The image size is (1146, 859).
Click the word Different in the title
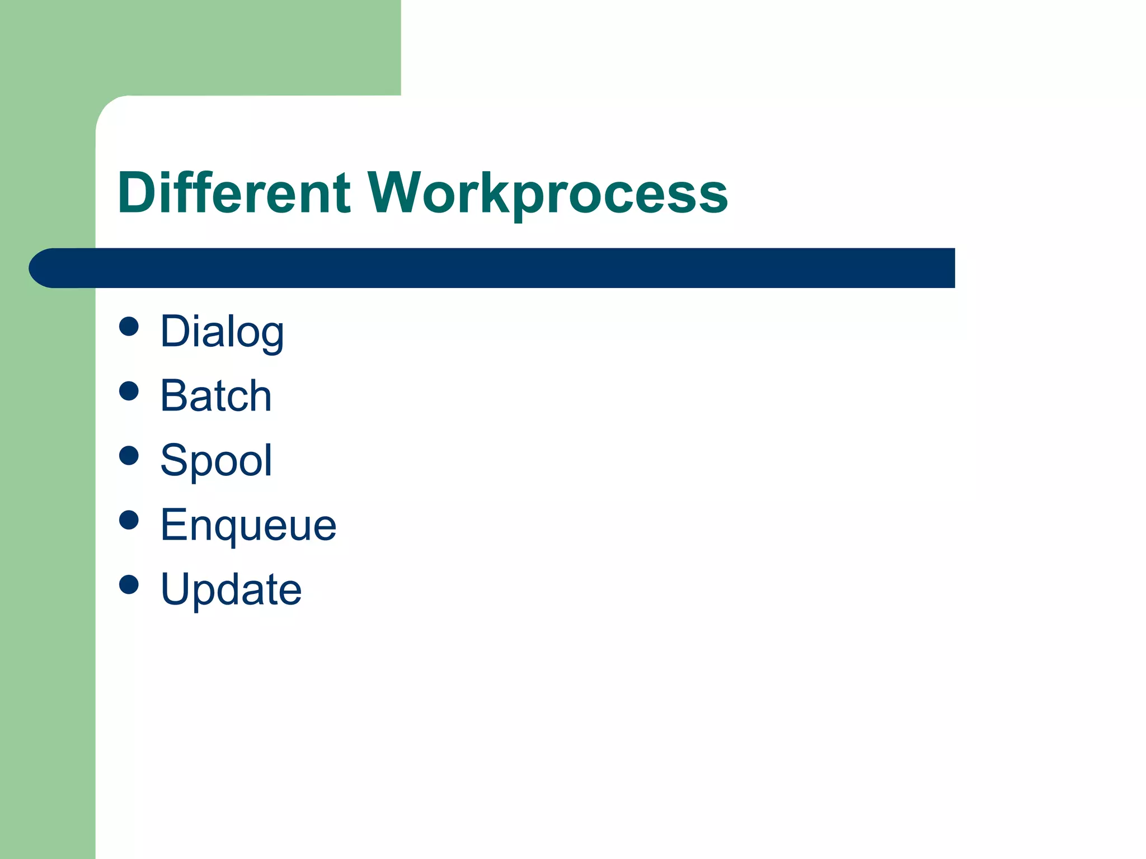tap(234, 193)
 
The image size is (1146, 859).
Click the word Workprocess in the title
tap(547, 193)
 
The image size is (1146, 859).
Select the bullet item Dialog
tap(222, 332)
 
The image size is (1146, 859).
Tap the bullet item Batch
tap(216, 396)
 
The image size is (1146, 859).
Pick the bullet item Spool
tap(216, 460)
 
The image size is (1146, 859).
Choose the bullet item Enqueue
tap(248, 525)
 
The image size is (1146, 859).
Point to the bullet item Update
tap(231, 589)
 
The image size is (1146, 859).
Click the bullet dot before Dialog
tap(129, 327)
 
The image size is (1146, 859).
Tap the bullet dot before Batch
tap(129, 391)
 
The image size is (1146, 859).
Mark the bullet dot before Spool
tap(129, 455)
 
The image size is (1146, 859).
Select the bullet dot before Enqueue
tap(129, 520)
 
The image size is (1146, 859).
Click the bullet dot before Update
tap(129, 584)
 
